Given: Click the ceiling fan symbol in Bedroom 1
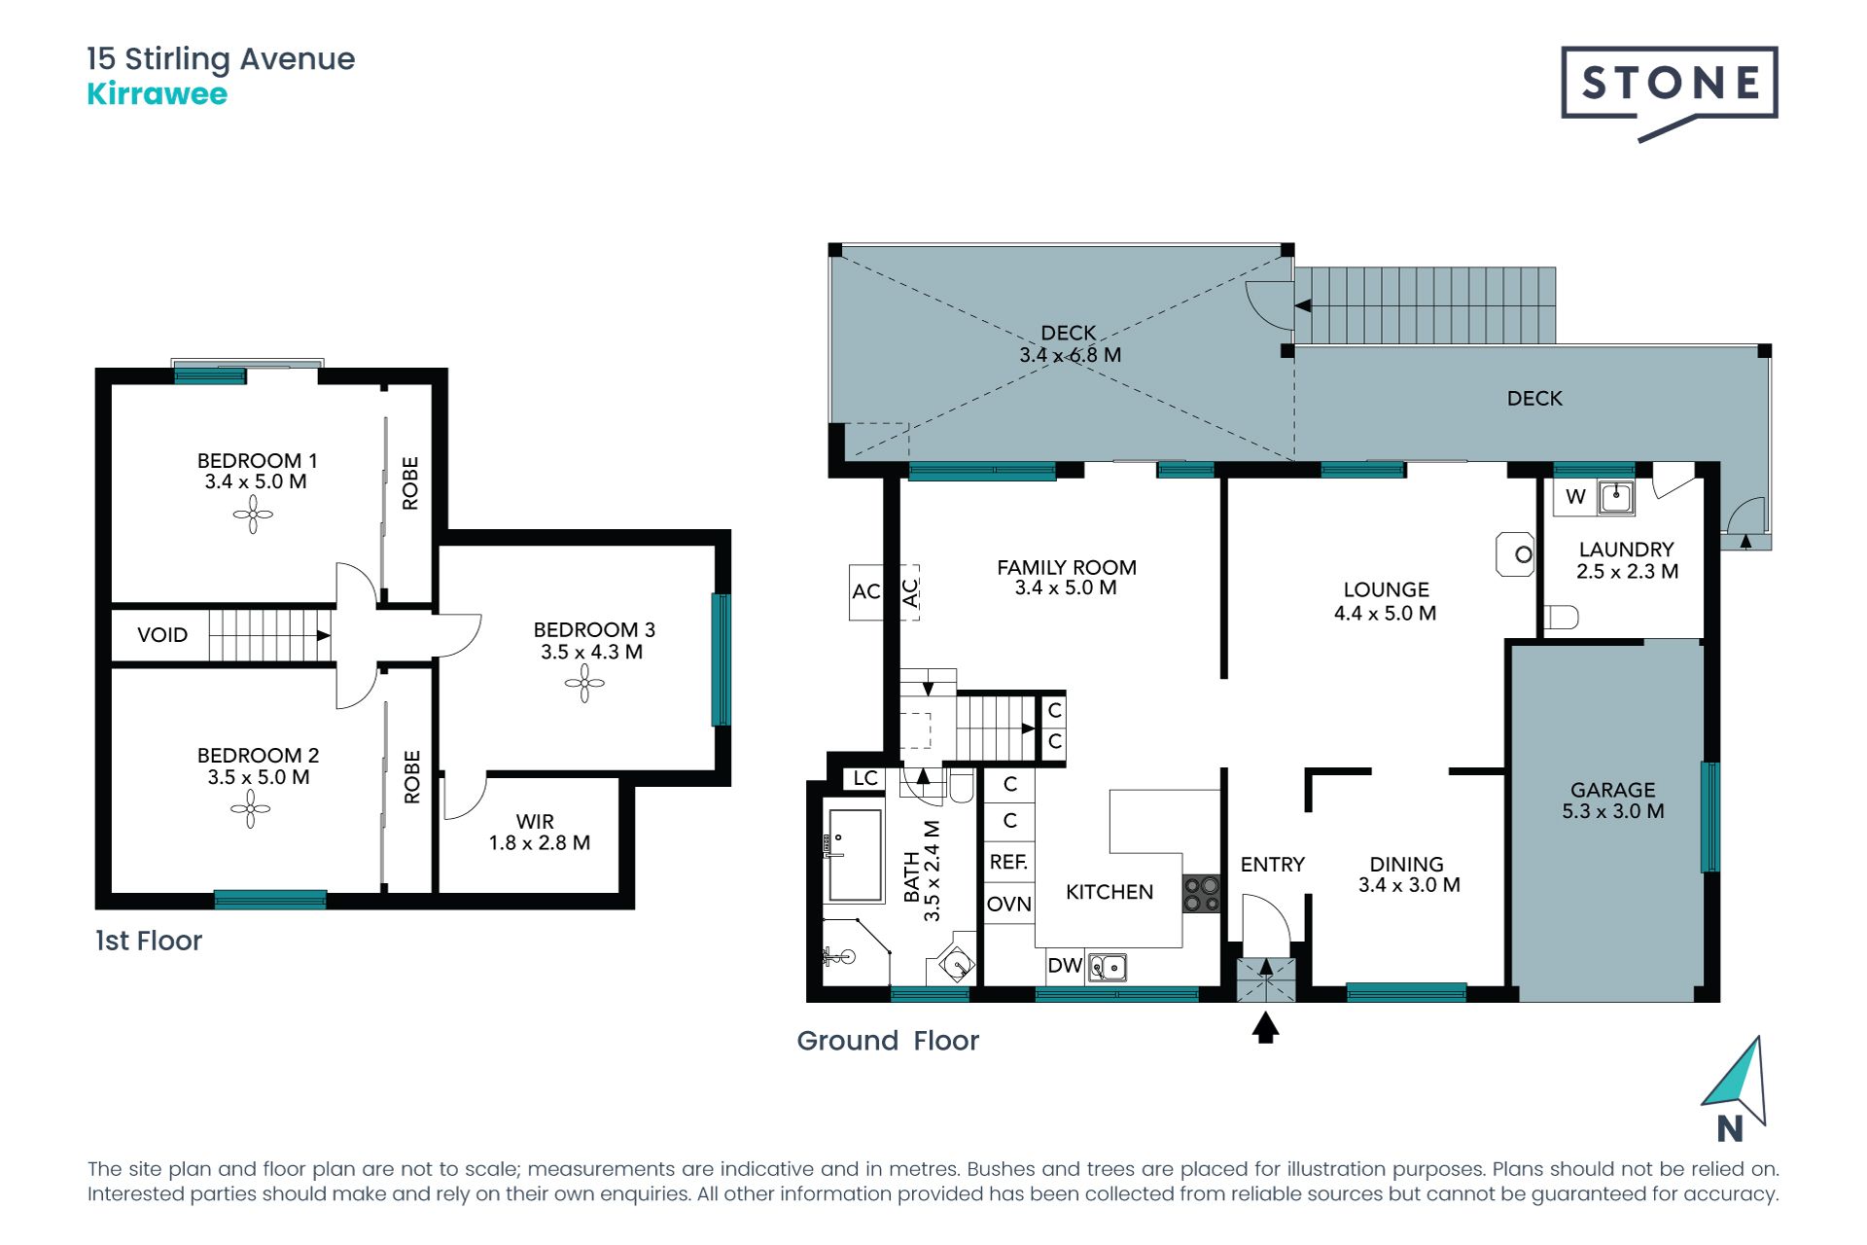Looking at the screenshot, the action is [253, 515].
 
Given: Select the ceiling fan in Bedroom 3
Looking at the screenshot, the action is [584, 683].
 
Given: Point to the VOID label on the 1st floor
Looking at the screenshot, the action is [162, 635].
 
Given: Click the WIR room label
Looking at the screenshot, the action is [535, 822].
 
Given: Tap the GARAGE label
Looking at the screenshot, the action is [1612, 790].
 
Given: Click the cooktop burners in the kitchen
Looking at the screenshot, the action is [1201, 894].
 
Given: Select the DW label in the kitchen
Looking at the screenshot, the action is [1065, 965].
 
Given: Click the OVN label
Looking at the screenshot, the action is [1009, 905].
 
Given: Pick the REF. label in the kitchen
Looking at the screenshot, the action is [1008, 862].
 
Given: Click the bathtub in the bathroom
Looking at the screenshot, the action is [854, 855].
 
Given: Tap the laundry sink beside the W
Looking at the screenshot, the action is [1615, 497].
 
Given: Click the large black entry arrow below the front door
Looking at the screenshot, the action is [1265, 1028].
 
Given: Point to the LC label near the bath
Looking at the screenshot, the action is [865, 778].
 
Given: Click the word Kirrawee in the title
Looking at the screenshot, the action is [158, 94].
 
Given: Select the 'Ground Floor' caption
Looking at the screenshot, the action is [888, 1041].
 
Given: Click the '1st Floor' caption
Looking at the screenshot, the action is [149, 941].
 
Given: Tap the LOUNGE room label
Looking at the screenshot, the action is [1386, 589].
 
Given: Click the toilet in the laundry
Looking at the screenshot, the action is [1562, 617].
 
